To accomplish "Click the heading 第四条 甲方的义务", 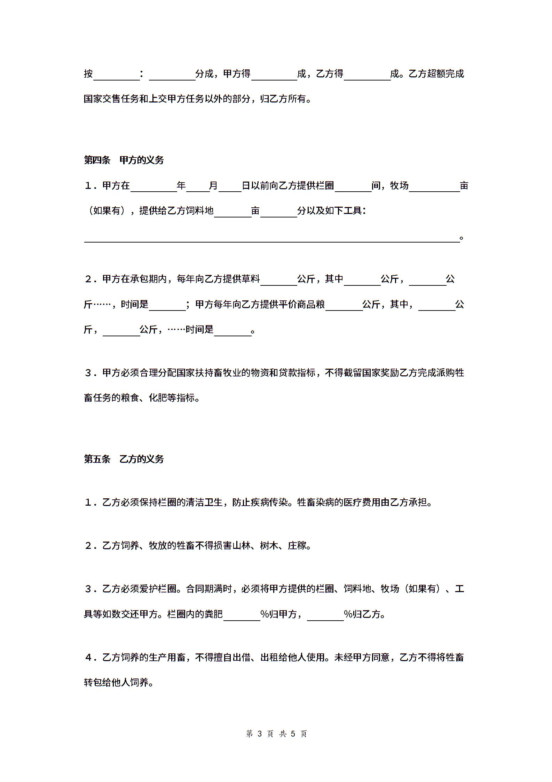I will (x=124, y=160).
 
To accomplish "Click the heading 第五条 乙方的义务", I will (x=124, y=459).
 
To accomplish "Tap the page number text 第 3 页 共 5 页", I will (x=276, y=734).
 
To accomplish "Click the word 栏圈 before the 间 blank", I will (x=325, y=186).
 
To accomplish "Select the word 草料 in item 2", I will (x=251, y=279).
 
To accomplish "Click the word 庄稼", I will (x=297, y=545).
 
